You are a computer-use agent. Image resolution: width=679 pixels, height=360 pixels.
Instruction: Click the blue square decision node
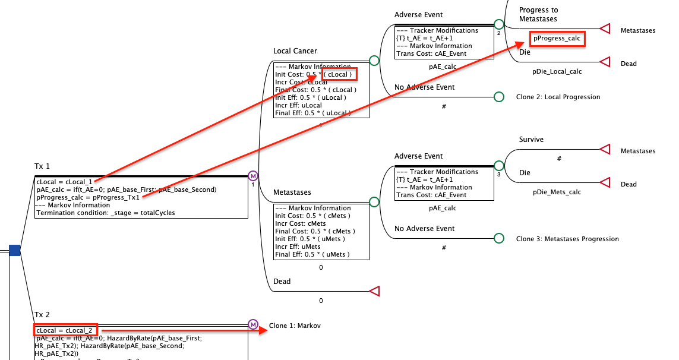(x=15, y=251)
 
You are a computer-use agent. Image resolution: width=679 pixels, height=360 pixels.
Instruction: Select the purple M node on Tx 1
(x=253, y=176)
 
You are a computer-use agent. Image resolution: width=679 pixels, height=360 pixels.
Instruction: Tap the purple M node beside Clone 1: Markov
(x=253, y=325)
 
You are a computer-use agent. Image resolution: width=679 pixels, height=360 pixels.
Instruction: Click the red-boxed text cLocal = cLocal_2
(x=64, y=330)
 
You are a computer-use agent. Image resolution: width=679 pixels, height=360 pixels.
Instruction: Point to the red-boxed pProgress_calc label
(x=557, y=39)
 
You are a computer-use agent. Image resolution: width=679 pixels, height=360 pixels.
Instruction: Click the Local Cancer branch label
(x=295, y=52)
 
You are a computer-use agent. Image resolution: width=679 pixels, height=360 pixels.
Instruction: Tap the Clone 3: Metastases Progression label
(x=567, y=239)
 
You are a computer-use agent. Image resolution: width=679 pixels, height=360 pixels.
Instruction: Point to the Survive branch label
(x=531, y=140)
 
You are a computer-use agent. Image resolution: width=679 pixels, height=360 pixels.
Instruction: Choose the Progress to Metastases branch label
(x=538, y=14)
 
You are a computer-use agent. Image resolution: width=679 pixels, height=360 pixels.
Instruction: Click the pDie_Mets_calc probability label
(x=557, y=192)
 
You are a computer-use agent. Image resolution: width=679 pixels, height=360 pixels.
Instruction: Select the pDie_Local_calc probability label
(x=557, y=71)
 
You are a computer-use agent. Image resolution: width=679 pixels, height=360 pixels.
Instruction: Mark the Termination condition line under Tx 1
(x=106, y=213)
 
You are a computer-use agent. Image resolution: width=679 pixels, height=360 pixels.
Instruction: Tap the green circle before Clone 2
(x=499, y=97)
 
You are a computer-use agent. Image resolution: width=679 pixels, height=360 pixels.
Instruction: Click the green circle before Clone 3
(x=499, y=239)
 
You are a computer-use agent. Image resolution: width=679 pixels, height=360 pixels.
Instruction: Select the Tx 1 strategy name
(x=42, y=166)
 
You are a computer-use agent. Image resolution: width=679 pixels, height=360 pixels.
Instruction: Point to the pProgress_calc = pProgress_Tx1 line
(x=88, y=197)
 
